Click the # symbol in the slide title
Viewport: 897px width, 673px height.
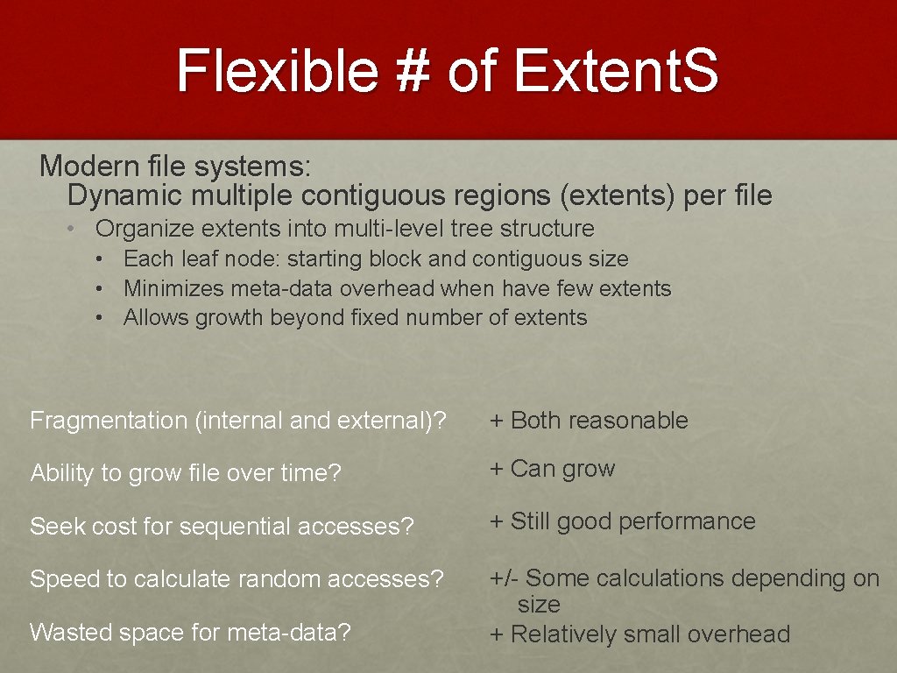click(408, 70)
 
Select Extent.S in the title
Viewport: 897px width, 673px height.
click(616, 70)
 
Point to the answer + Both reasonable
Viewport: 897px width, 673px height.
click(589, 421)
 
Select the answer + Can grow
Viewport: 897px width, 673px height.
click(553, 469)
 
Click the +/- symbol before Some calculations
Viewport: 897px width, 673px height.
click(504, 578)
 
